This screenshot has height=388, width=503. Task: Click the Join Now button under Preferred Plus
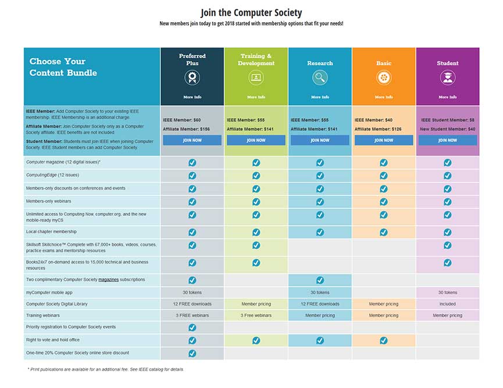[x=192, y=140]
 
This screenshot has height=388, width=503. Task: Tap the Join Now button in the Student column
[x=447, y=140]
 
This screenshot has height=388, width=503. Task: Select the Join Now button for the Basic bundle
[x=383, y=140]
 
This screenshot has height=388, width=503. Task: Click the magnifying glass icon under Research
[x=320, y=77]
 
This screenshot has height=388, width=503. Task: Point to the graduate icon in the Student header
[x=447, y=77]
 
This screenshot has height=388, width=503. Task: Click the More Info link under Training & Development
[x=256, y=97]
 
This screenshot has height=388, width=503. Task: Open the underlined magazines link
[x=108, y=280]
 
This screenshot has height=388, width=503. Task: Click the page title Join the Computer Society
[x=251, y=12]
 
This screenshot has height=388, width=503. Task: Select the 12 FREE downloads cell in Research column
[x=320, y=304]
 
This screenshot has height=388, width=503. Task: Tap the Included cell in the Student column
[x=447, y=304]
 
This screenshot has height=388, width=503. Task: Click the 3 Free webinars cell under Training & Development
[x=256, y=315]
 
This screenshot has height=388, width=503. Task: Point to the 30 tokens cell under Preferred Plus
[x=192, y=292]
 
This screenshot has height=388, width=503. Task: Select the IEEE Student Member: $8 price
[x=447, y=120]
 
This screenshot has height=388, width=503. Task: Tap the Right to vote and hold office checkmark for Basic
[x=383, y=340]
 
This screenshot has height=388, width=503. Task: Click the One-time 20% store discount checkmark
[x=192, y=353]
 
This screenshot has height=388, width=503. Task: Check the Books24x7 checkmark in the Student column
[x=447, y=263]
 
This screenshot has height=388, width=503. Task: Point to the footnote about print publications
[x=105, y=369]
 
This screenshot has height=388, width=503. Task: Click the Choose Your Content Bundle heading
[x=63, y=67]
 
